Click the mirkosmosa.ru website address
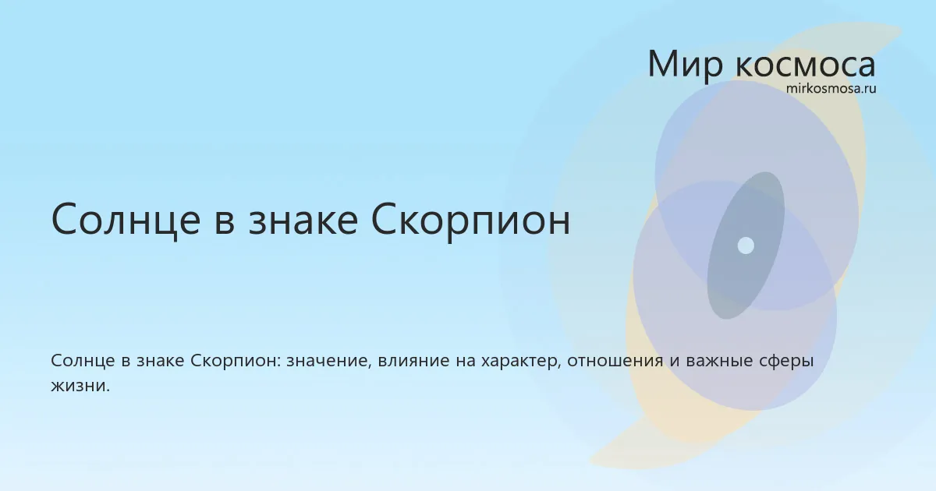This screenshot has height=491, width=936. tap(831, 89)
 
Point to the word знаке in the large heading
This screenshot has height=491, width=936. tap(303, 221)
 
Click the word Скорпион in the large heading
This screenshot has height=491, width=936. tap(470, 221)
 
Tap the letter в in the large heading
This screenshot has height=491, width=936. tap(225, 224)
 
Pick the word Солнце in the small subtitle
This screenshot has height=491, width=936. tap(83, 360)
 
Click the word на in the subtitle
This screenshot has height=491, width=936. tap(465, 362)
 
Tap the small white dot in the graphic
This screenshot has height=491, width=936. tap(746, 245)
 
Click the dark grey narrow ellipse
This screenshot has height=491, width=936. tap(746, 245)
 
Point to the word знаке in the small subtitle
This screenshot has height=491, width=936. tap(161, 361)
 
